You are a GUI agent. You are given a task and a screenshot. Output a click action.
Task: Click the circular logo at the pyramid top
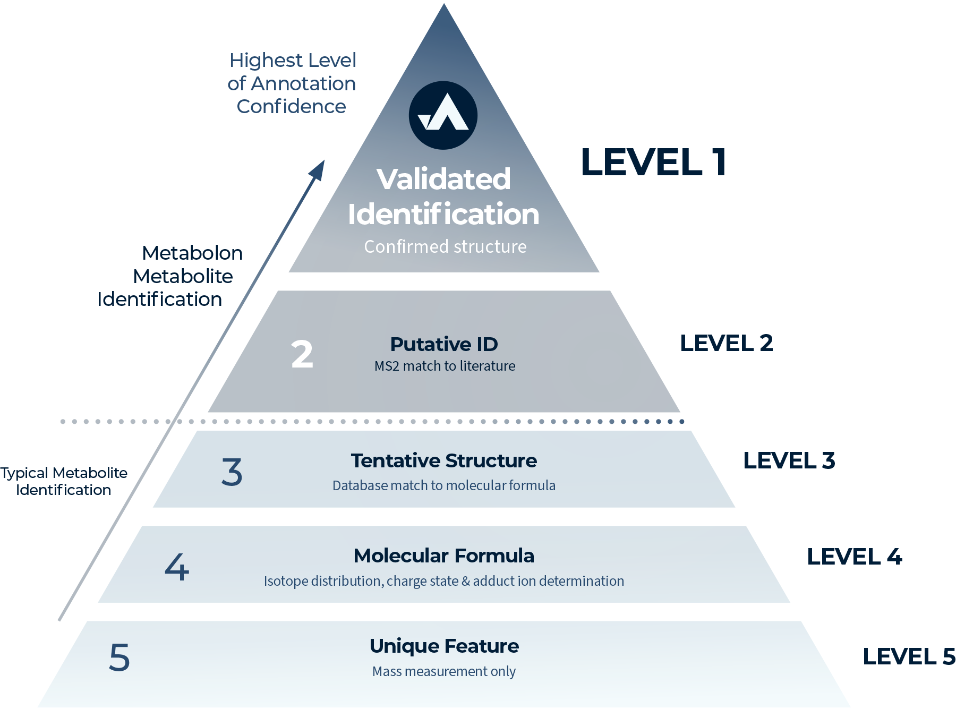(x=443, y=115)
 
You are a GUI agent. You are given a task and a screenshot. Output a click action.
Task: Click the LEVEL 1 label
(x=653, y=162)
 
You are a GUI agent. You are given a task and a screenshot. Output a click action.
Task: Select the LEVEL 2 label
(x=727, y=343)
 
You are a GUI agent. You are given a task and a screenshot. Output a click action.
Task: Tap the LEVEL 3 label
(x=789, y=460)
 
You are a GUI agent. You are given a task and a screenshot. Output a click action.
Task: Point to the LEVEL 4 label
(x=855, y=557)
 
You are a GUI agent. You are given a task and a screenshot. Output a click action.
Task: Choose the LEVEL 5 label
(x=909, y=656)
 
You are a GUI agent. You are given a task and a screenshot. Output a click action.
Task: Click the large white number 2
(x=302, y=354)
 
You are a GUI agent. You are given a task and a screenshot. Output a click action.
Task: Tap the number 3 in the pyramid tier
(x=232, y=472)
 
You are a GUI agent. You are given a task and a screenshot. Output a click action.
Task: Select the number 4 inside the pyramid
(x=177, y=567)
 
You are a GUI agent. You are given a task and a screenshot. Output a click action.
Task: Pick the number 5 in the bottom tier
(x=119, y=657)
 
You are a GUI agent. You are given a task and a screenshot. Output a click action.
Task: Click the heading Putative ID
(x=444, y=344)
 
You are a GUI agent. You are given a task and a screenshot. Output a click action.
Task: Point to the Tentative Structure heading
(x=444, y=460)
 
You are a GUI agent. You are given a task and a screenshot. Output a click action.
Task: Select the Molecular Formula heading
(x=444, y=556)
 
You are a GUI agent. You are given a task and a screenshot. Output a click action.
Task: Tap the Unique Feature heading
(x=444, y=646)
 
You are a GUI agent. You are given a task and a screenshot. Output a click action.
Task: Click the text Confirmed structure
(x=445, y=246)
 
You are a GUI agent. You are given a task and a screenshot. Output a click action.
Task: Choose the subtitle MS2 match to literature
(x=445, y=366)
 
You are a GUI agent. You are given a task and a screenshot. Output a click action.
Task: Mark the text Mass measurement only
(x=444, y=671)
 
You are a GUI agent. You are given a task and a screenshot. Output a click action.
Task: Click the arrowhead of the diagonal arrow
(x=318, y=170)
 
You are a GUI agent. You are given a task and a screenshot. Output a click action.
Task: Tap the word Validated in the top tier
(x=444, y=179)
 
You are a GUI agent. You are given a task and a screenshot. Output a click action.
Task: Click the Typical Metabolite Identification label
(x=64, y=481)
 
